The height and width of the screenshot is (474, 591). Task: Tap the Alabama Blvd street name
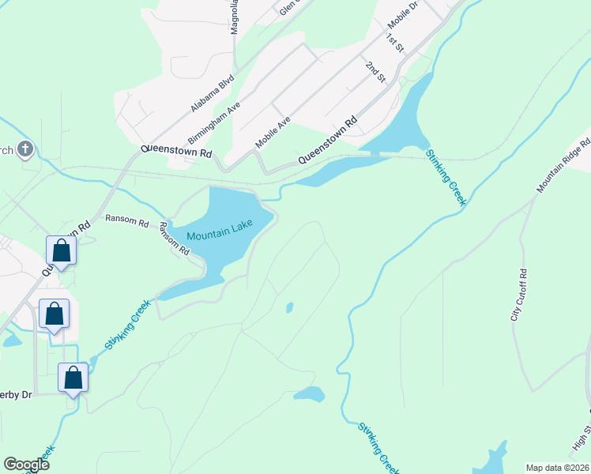[213, 94]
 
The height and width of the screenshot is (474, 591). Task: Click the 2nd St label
[375, 71]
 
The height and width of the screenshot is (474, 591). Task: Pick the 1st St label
[395, 43]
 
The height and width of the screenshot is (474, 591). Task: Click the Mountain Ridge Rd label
[564, 166]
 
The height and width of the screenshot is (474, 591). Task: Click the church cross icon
[25, 149]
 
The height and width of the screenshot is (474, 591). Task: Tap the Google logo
[26, 465]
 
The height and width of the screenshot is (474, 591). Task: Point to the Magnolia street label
[234, 17]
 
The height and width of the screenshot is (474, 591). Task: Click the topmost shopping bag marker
[61, 251]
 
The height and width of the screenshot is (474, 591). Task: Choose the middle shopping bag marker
[54, 314]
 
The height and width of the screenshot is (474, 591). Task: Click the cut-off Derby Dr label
[16, 394]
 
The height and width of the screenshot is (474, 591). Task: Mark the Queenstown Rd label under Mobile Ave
[327, 141]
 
